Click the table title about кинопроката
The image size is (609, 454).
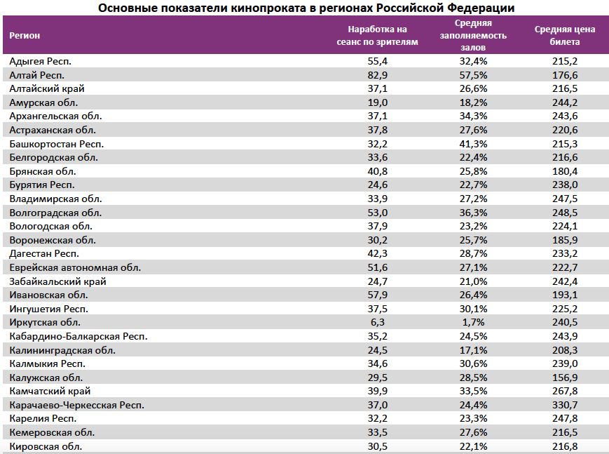pyautogui.click(x=306, y=8)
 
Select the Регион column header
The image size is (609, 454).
pyautogui.click(x=25, y=35)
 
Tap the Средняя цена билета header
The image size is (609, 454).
pyautogui.click(x=564, y=35)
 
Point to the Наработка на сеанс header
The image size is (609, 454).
pyautogui.click(x=377, y=35)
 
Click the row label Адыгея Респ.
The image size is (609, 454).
pyautogui.click(x=41, y=62)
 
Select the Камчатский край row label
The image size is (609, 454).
pyautogui.click(x=50, y=391)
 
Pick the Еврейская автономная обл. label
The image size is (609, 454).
pyautogui.click(x=75, y=267)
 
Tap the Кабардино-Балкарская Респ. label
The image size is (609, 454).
pyautogui.click(x=78, y=336)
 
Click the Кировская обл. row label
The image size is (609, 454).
pyautogui.click(x=46, y=446)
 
